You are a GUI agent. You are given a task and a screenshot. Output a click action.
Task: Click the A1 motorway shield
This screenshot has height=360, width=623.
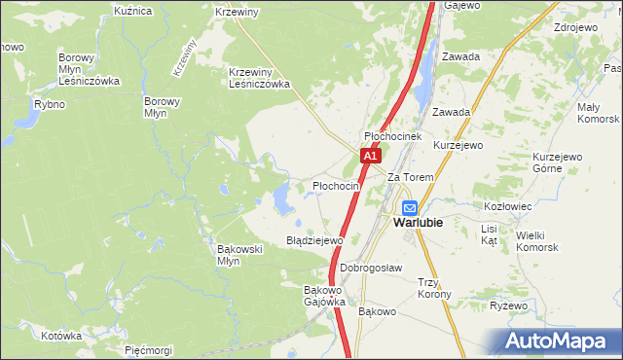coord(369,156)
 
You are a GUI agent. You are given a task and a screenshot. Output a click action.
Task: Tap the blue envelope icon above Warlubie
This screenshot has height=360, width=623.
coord(410,207)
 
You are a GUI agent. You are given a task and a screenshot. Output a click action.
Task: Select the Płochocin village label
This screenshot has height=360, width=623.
coord(336,186)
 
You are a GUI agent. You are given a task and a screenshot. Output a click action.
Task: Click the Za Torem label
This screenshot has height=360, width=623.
coord(410,178)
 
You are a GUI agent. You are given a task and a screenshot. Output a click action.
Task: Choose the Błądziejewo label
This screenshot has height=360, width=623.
coord(314,239)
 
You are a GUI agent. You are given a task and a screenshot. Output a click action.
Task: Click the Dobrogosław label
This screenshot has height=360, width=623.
coord(372,268)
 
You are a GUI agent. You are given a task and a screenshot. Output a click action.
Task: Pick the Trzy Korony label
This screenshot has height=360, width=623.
coord(433,288)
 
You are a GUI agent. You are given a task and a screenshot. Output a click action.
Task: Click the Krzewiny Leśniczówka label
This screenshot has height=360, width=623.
coord(260,78)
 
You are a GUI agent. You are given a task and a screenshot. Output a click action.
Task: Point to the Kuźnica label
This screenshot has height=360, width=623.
coord(133,11)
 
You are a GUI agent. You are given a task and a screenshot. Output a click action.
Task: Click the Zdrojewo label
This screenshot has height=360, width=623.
coord(574,27)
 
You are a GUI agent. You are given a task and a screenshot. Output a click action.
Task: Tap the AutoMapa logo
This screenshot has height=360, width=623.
coord(559,341)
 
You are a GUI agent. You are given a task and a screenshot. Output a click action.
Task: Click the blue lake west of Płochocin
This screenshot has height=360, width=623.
coord(283,200)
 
